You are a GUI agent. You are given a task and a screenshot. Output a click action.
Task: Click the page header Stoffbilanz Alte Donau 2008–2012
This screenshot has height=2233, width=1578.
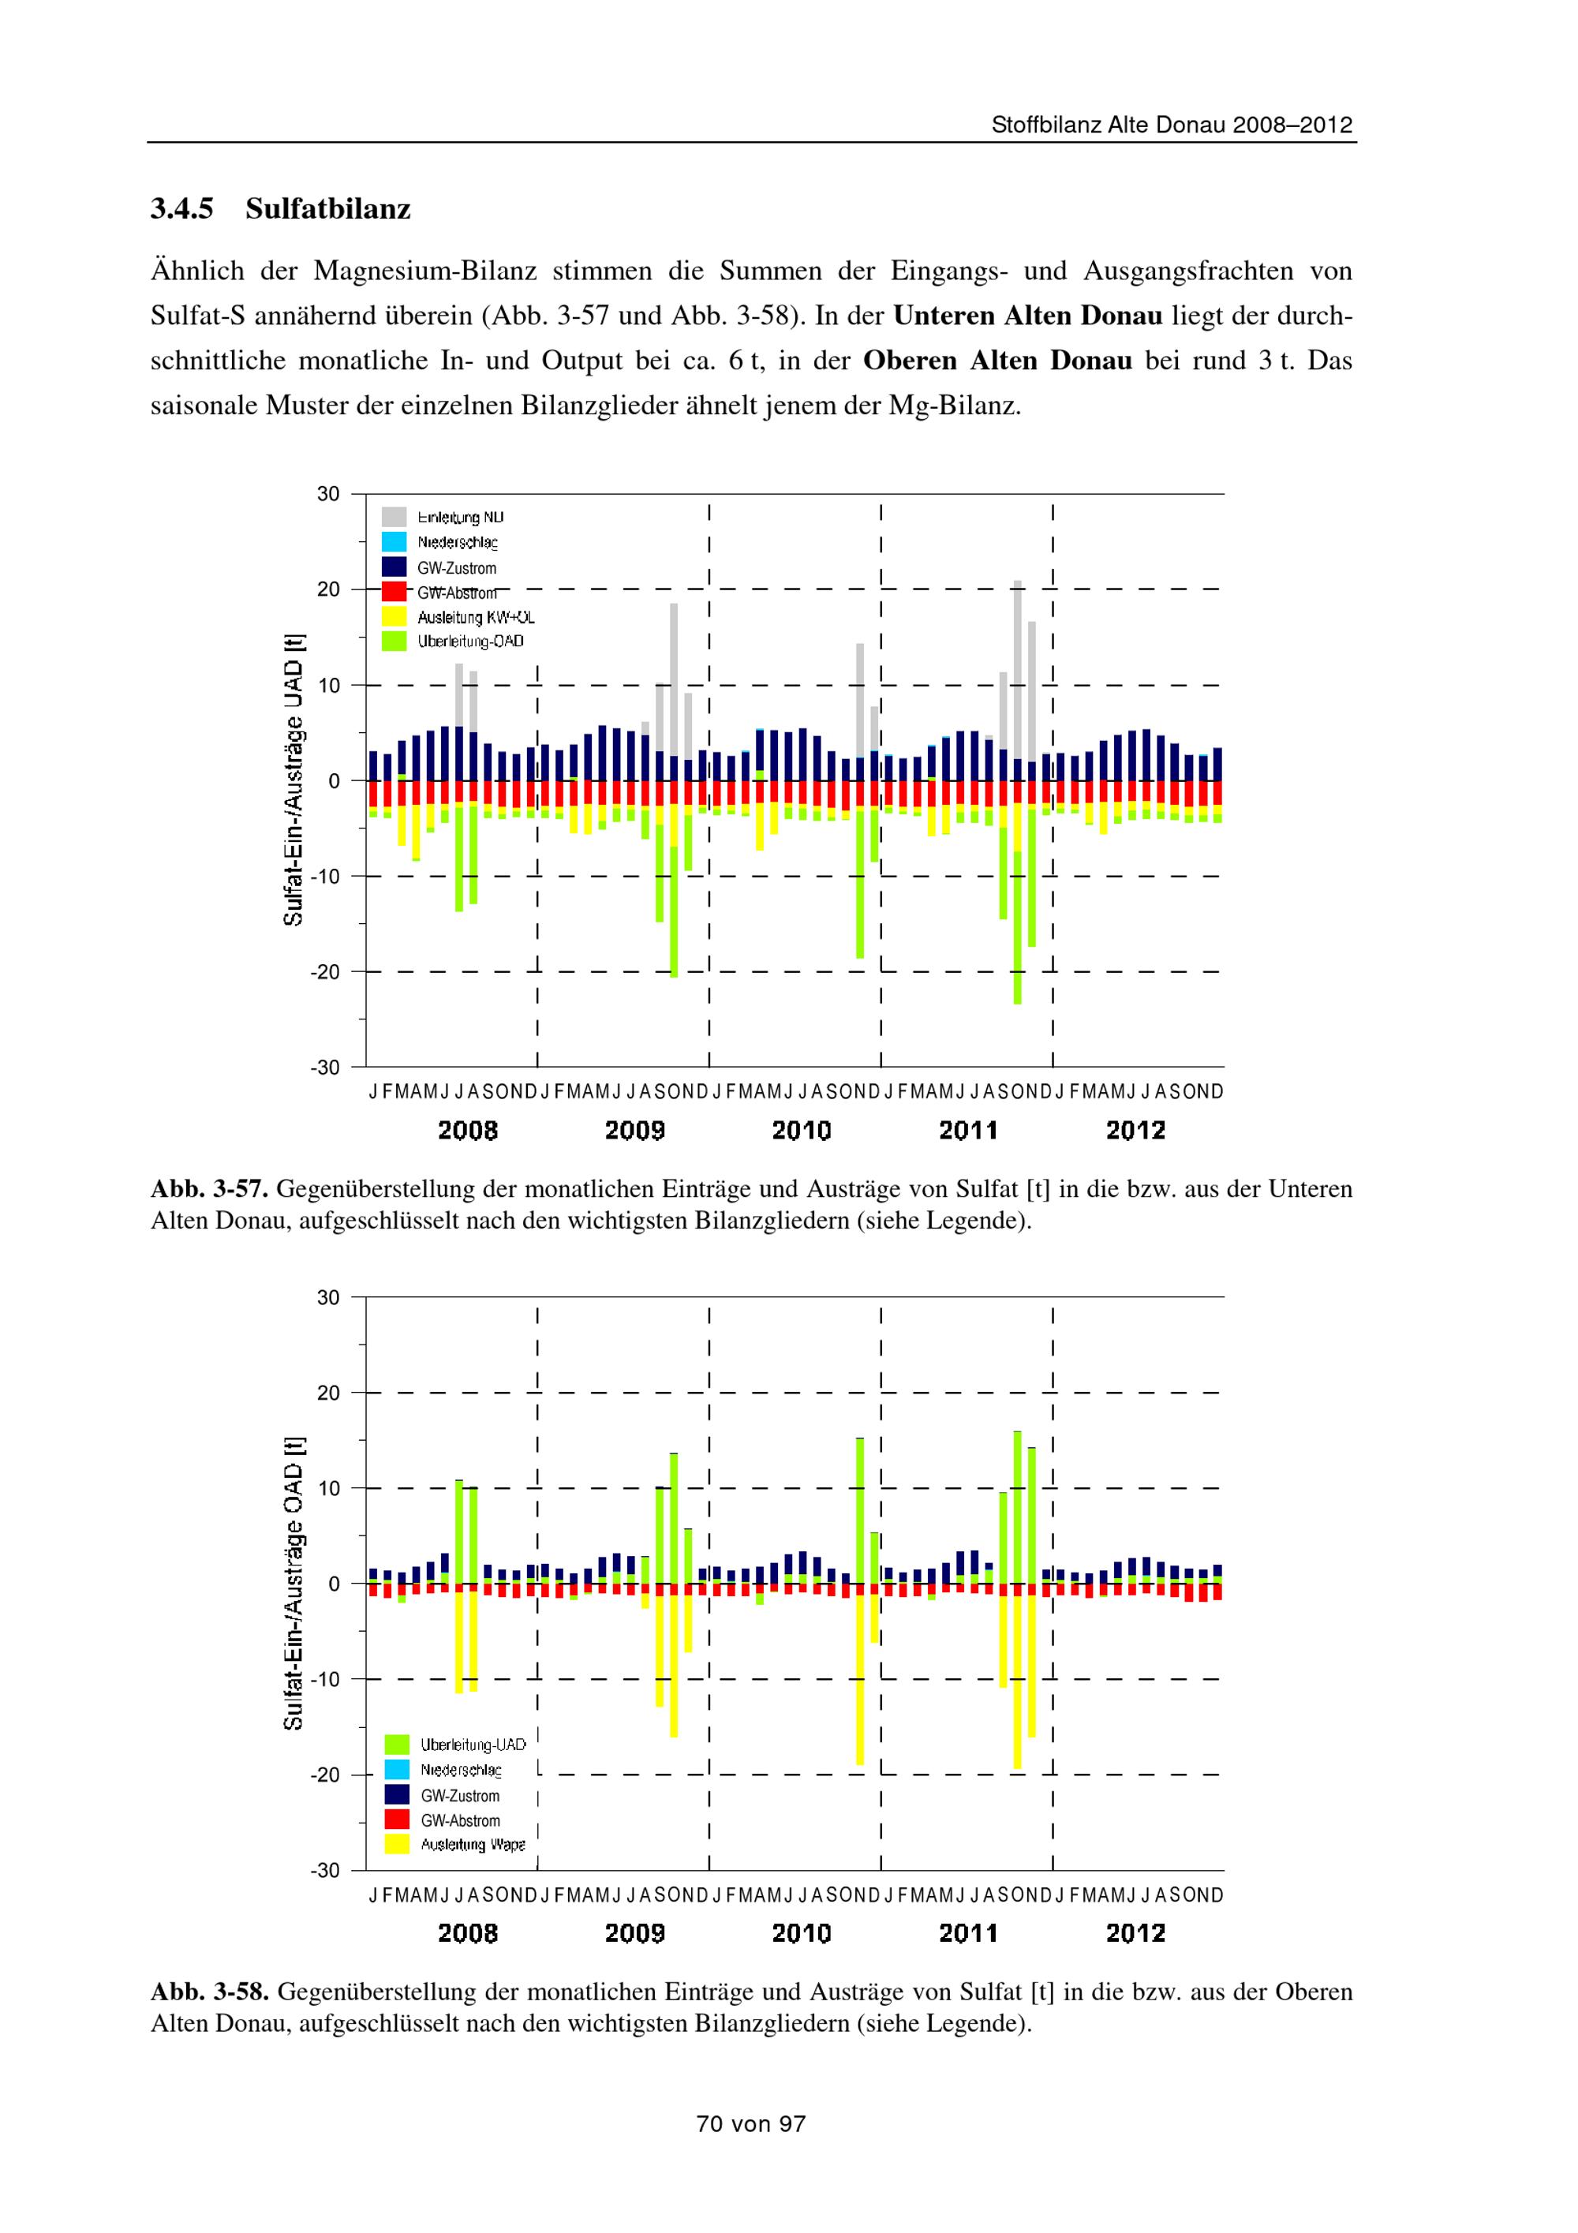tap(1172, 125)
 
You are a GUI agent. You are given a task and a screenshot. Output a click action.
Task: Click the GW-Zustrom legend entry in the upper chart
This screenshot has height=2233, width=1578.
tap(456, 568)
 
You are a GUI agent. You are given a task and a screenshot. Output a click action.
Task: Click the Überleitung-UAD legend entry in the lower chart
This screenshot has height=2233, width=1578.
tap(473, 1744)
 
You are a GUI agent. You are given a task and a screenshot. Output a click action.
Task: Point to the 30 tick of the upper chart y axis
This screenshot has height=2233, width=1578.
tap(329, 494)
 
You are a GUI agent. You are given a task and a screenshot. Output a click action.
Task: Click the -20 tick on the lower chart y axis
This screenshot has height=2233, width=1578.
tap(326, 1774)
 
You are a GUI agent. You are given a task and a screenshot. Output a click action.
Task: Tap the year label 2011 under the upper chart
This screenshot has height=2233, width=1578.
tap(967, 1130)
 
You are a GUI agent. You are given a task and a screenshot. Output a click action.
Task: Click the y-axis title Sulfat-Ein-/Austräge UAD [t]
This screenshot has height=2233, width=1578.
tap(294, 780)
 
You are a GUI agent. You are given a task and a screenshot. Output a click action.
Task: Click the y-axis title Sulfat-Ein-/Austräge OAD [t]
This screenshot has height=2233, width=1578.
tap(294, 1582)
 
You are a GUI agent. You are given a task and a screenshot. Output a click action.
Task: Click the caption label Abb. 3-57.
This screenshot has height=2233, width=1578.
tap(209, 1188)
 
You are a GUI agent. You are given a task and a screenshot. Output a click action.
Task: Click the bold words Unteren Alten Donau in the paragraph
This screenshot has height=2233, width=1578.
tap(1028, 316)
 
